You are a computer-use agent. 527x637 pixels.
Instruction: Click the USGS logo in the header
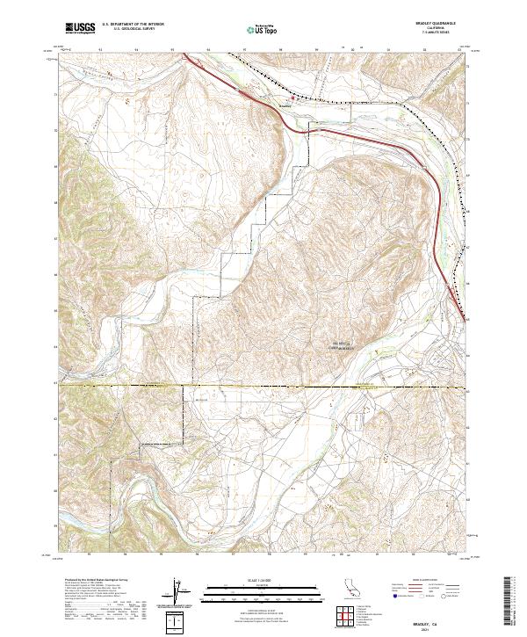coord(80,28)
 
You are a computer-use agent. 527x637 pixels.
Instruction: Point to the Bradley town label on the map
coord(284,107)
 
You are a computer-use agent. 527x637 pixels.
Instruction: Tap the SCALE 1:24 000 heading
coord(262,582)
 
